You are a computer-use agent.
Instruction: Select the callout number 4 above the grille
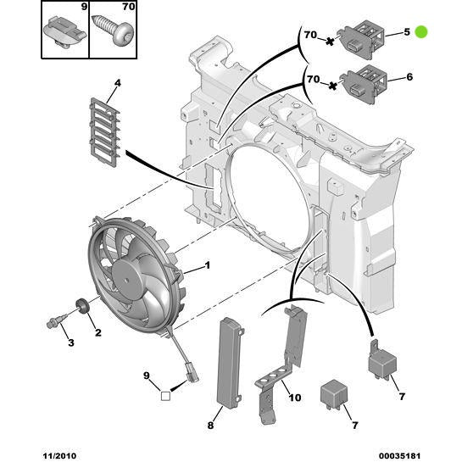point(118,83)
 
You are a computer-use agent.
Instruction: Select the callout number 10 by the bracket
point(293,397)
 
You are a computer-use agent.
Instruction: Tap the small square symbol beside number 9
point(166,392)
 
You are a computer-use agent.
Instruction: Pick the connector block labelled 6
point(364,80)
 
